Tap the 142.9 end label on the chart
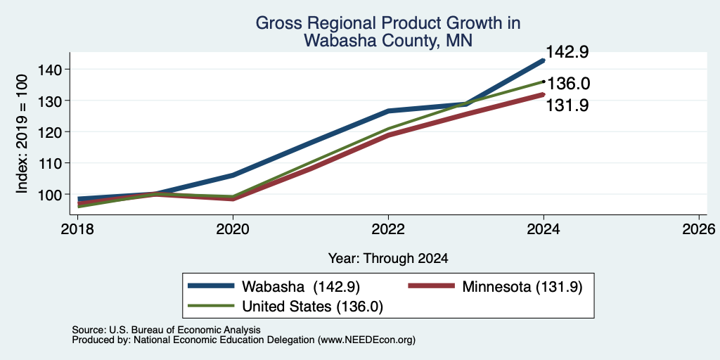click(x=567, y=52)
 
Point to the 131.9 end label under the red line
click(x=567, y=105)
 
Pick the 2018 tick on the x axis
click(x=77, y=229)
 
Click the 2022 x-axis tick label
click(x=388, y=229)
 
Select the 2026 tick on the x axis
click(x=699, y=229)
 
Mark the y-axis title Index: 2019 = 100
click(x=22, y=134)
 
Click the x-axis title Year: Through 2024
click(x=388, y=259)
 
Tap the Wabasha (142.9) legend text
click(x=301, y=287)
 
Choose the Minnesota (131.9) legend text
click(x=522, y=287)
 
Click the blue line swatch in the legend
click(x=211, y=286)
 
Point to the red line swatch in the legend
click(x=431, y=286)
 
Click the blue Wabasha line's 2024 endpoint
click(x=544, y=60)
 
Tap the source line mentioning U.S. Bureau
click(x=166, y=330)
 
